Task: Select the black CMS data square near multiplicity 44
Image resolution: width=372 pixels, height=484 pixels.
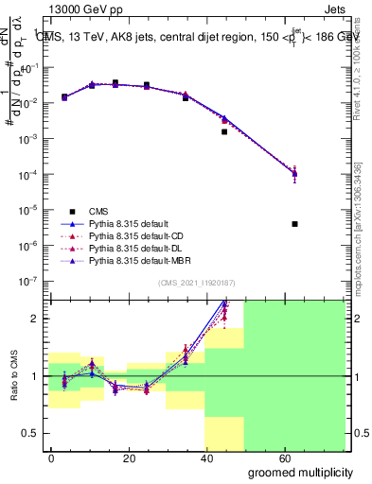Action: [x=224, y=132]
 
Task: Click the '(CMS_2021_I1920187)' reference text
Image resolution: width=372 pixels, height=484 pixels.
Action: [x=198, y=284]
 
